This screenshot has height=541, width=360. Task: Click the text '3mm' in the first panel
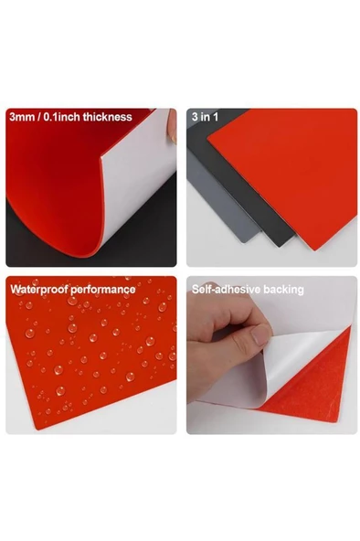pyautogui.click(x=21, y=117)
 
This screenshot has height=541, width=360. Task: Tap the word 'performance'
pyautogui.click(x=105, y=289)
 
